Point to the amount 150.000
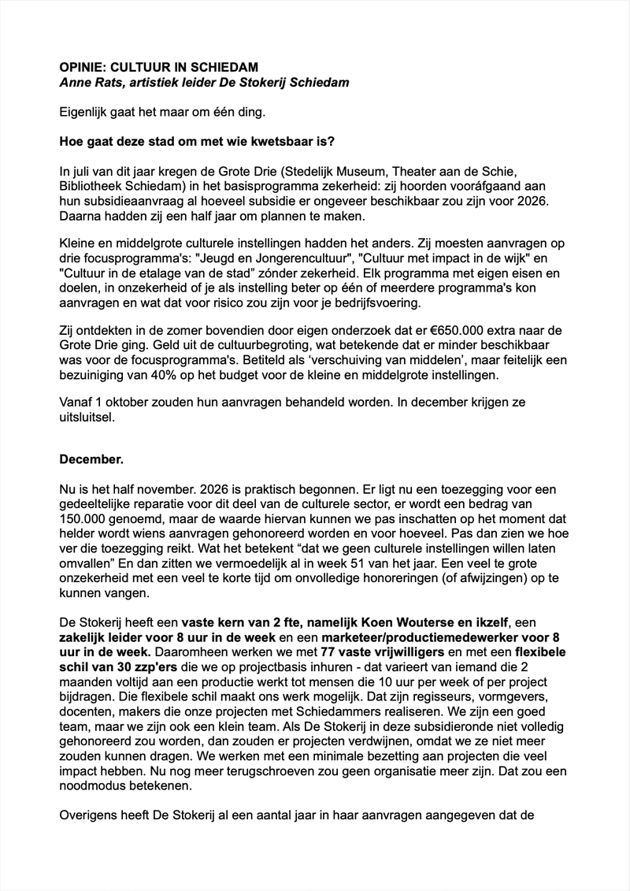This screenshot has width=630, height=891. coord(87,519)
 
